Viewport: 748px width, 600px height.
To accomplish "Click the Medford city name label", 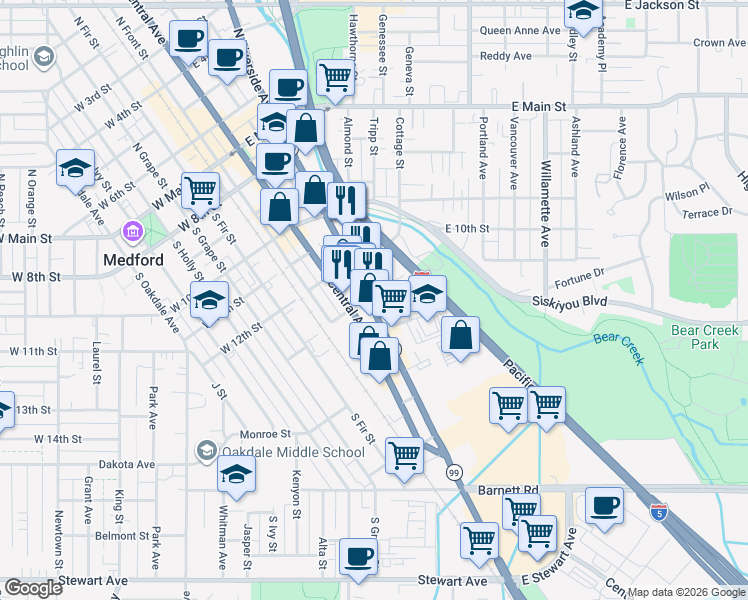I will [x=133, y=260].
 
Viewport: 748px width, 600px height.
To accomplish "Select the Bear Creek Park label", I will [x=709, y=337].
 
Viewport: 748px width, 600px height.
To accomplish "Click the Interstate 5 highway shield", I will [x=658, y=511].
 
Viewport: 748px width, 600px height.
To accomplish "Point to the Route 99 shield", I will [x=454, y=472].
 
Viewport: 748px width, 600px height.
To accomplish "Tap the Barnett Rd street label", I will [x=507, y=491].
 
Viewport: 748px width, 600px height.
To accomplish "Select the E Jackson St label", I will [x=660, y=6].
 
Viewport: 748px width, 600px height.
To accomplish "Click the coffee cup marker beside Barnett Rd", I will [x=604, y=505].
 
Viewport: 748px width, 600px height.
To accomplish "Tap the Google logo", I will [x=33, y=589].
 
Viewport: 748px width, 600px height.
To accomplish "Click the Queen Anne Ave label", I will [x=519, y=31].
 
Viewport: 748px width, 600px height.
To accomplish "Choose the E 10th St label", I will [x=467, y=229].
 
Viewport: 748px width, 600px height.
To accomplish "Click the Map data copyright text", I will [x=686, y=592].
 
